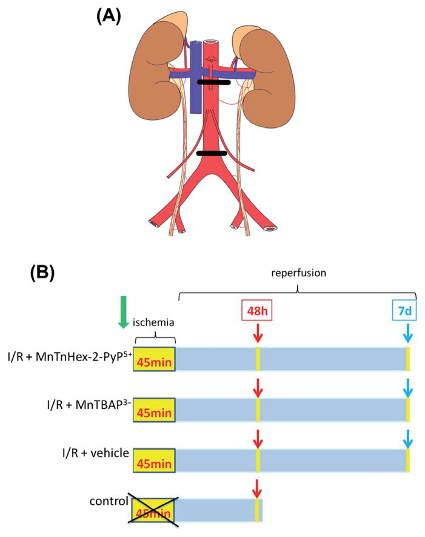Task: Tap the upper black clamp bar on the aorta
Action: pos(213,82)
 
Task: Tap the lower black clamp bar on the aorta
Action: pos(213,153)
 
